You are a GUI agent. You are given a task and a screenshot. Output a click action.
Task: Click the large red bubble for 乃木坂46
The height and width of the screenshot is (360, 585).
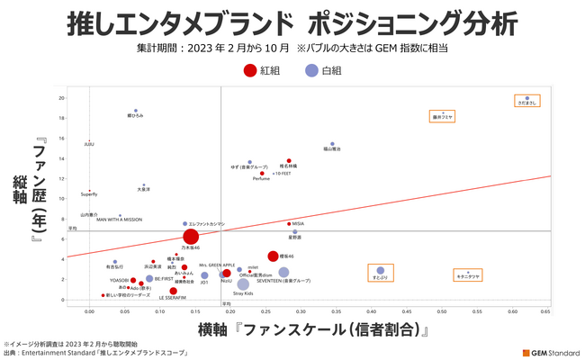[x=190, y=237]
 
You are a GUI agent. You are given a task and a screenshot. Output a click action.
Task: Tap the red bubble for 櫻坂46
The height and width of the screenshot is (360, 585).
[x=273, y=256]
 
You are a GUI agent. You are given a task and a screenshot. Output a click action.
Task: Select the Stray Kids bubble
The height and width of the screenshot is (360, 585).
[x=243, y=284]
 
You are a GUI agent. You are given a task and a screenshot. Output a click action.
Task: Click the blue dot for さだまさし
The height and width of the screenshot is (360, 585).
[x=527, y=98]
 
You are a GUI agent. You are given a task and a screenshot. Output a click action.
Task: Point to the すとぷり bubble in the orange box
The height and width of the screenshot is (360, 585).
[x=381, y=270]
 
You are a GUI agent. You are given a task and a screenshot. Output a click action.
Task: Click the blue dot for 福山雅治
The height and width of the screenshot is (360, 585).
[x=332, y=144]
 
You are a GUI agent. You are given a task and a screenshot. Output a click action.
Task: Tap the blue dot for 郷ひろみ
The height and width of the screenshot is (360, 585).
[x=136, y=111]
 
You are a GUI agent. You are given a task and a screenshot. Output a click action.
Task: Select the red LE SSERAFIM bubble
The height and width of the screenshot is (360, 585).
[x=173, y=291]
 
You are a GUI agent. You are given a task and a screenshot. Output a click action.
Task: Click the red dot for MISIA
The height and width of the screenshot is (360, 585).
[x=289, y=223]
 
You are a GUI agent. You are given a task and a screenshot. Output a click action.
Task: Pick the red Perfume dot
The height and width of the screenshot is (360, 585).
[x=262, y=174]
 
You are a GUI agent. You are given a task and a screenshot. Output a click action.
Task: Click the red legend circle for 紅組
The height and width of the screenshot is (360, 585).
[x=249, y=69]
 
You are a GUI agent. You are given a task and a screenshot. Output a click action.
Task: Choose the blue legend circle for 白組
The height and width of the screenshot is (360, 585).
[x=310, y=69]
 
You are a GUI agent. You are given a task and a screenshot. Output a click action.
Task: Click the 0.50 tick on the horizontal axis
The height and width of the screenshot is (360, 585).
[x=441, y=310]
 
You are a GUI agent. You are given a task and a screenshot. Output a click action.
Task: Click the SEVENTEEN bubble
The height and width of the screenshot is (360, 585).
[x=283, y=272]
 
